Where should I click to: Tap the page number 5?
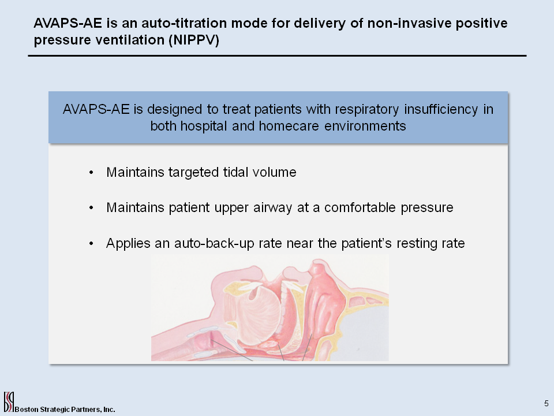(x=546, y=403)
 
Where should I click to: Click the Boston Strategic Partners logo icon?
(x=8, y=401)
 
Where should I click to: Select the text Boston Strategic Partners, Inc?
(x=65, y=409)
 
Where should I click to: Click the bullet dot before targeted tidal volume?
(x=92, y=173)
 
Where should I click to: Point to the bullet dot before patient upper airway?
(x=92, y=208)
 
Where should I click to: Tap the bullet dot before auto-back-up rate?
(x=92, y=244)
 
